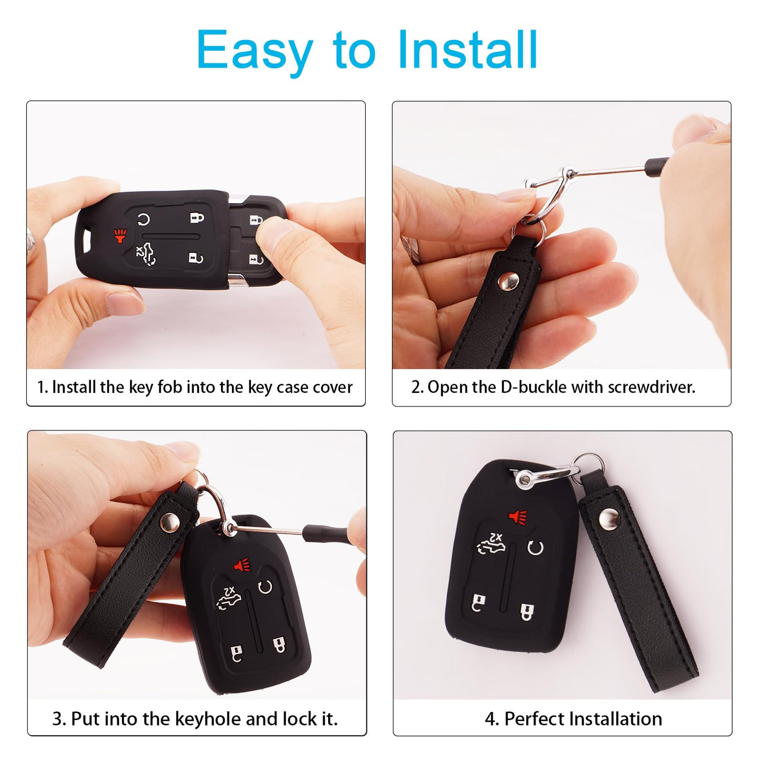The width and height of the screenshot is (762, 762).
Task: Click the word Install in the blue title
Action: click(468, 50)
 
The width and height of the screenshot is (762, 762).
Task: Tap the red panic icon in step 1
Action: click(120, 236)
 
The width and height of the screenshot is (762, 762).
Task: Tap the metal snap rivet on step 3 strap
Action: click(170, 522)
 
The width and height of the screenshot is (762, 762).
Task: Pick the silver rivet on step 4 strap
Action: click(610, 519)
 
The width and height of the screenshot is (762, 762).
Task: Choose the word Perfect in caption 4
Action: click(534, 718)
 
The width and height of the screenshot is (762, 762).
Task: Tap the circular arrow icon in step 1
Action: click(144, 219)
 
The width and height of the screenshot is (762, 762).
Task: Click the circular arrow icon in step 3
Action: click(265, 587)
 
